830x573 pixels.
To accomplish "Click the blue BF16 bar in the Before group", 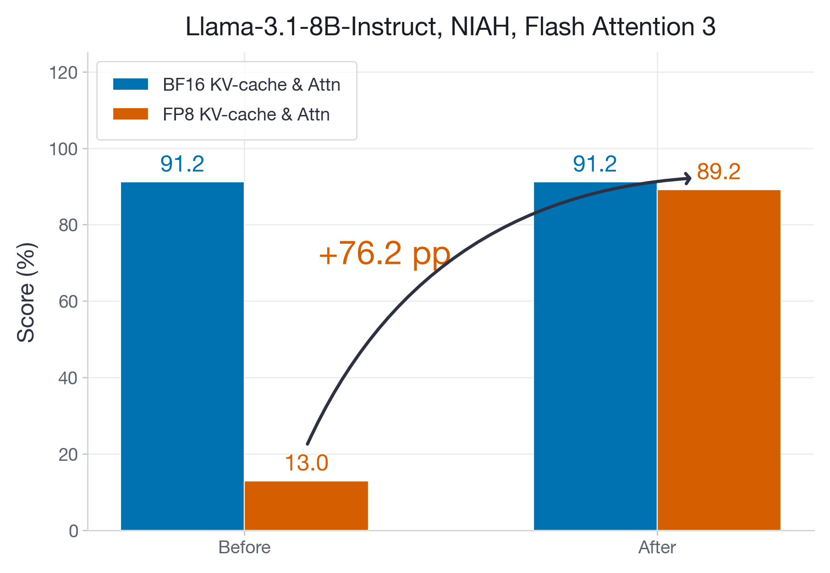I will pos(182,356).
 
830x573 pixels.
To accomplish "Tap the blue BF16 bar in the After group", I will pos(595,356).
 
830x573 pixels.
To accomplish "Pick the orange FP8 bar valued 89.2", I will pos(719,360).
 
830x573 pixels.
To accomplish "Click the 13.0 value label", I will pos(306,463).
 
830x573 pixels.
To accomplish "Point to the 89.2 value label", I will pos(718,172).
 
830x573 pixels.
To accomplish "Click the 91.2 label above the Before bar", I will pos(182,164).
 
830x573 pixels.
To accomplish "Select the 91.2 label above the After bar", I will pos(594,164).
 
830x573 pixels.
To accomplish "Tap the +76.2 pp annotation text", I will pos(385,254).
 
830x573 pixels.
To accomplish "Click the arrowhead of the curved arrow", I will pos(687,178).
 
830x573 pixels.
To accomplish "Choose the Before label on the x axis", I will pos(244,548).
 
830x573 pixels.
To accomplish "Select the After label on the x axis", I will pos(657,548).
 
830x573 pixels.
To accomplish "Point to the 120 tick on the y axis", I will pos(63,72).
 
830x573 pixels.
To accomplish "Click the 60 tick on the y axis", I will pos(68,302).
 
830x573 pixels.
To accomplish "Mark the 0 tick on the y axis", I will pos(73,531).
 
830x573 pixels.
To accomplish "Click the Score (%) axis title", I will pos(26,292).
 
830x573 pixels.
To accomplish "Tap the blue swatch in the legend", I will pos(131,84).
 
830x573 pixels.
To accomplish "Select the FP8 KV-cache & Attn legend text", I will pos(246,115).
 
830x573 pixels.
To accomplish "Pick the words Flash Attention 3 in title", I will pos(620,27).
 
